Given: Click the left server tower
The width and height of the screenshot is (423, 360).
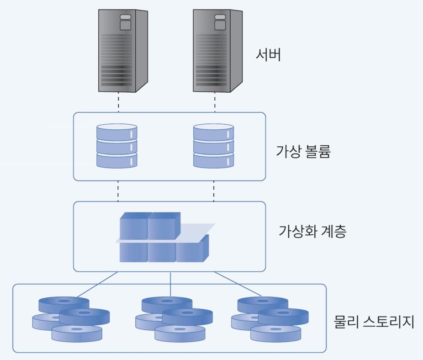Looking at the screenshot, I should (x=123, y=50).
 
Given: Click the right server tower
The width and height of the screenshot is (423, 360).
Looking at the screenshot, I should (x=217, y=50).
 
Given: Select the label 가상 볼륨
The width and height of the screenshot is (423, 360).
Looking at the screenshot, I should (x=303, y=151).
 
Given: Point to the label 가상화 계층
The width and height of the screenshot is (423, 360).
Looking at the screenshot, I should (x=312, y=231).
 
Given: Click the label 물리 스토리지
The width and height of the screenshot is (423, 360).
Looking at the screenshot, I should (x=374, y=322).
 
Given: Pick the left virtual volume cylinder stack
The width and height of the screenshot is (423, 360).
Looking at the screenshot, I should (x=117, y=146).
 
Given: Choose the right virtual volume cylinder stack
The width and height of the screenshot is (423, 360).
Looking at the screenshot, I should (x=213, y=146).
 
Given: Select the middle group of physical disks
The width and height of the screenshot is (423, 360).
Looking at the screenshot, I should (x=174, y=319).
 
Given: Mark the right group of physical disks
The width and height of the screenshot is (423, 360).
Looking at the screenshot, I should (x=270, y=319).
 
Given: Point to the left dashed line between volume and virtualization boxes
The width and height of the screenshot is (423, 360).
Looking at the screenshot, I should (x=118, y=191).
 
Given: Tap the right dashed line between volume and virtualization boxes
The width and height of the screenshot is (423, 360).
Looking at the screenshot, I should (x=214, y=191).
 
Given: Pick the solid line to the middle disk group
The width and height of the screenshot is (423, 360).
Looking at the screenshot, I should (x=170, y=284).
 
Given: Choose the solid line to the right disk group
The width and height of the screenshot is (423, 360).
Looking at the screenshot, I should (x=238, y=284).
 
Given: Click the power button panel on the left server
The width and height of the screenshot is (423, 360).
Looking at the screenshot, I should (x=125, y=22).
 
